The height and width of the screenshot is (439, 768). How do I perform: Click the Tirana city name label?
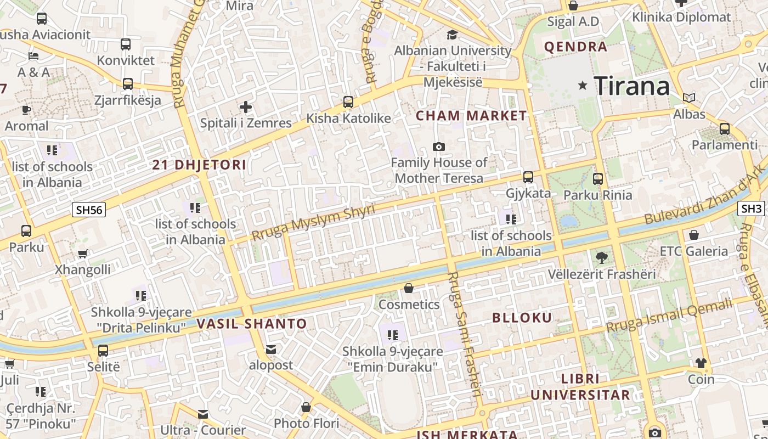click(x=632, y=86)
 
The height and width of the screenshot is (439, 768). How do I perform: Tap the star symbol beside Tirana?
click(x=583, y=86)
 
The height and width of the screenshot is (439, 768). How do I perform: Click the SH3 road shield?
click(x=752, y=209)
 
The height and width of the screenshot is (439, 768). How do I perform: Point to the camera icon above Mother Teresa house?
click(x=438, y=147)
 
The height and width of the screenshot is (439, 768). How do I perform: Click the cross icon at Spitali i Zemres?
click(x=245, y=106)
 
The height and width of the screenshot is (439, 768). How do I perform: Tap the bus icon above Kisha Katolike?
click(x=348, y=102)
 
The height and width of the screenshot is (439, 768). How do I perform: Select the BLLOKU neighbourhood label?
click(x=522, y=318)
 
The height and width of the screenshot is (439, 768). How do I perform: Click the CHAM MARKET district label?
click(x=471, y=116)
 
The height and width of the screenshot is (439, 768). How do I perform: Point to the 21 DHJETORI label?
click(x=199, y=165)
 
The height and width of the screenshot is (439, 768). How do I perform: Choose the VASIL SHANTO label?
click(x=252, y=323)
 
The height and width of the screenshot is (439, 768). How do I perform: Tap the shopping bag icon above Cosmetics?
click(x=409, y=288)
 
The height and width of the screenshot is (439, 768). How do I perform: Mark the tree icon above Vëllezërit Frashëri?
click(x=602, y=257)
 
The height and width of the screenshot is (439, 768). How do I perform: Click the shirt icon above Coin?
click(x=701, y=363)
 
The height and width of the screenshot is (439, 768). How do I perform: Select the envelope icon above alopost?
click(x=271, y=349)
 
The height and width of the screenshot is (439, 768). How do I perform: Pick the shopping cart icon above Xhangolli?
click(x=82, y=254)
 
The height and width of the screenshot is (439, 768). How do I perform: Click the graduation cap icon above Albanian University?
click(x=452, y=35)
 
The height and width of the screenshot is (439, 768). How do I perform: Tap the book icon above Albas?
click(x=689, y=98)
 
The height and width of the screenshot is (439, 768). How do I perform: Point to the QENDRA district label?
click(x=575, y=47)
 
